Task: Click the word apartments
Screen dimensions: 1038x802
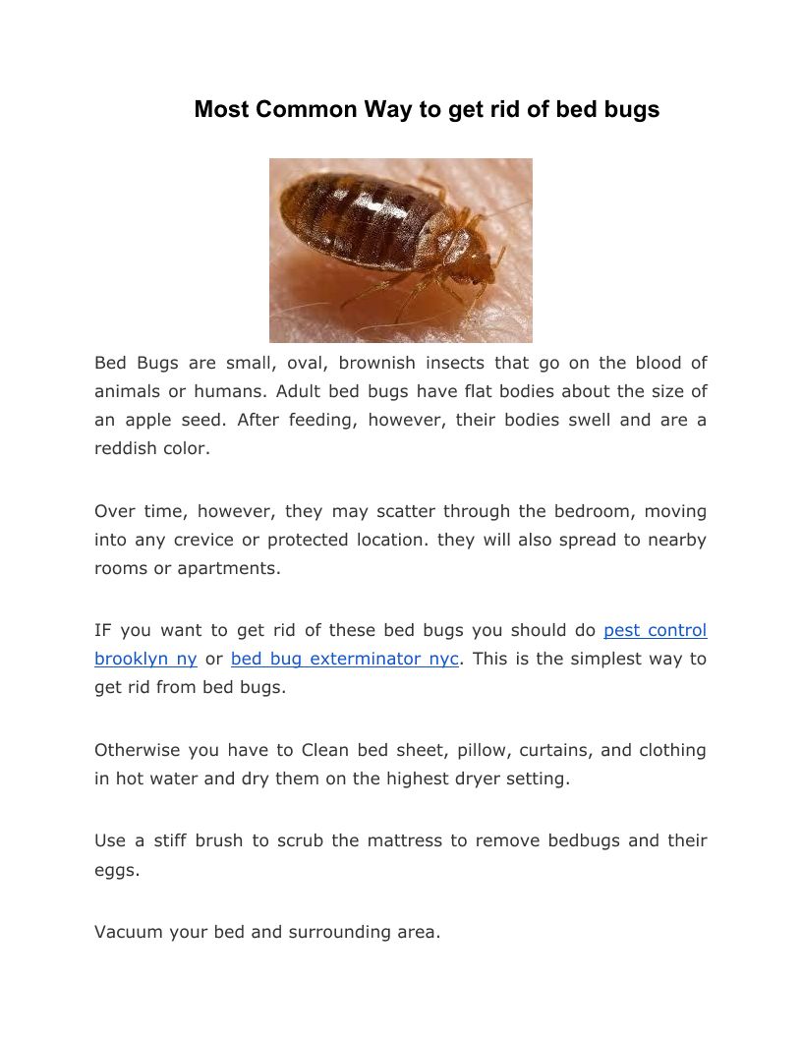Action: click(x=229, y=568)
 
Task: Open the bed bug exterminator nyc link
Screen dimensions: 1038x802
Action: click(x=345, y=659)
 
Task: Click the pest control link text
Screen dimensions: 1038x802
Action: click(x=656, y=630)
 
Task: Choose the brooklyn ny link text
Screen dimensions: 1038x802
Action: click(x=145, y=659)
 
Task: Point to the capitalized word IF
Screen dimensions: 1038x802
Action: click(x=103, y=630)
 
